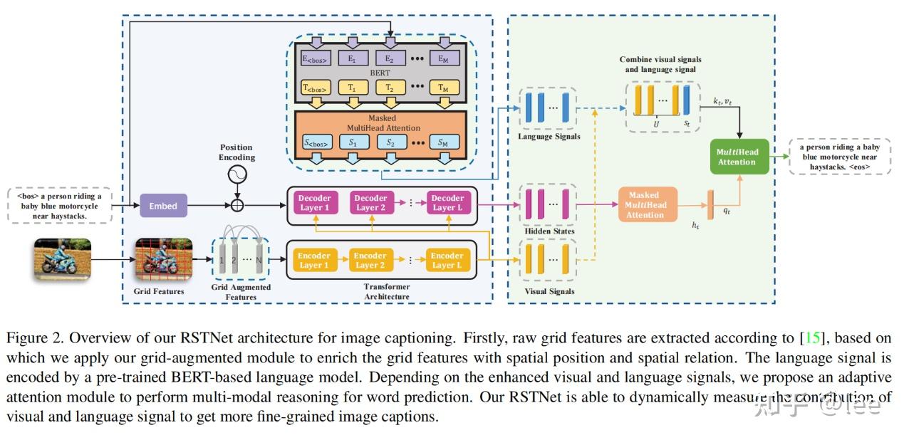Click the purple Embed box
point(162,206)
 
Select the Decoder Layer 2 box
point(370,203)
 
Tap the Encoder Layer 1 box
point(314,261)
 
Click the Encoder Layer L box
point(447,261)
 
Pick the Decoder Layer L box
point(447,203)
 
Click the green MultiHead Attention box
point(740,157)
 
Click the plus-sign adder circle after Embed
point(237,206)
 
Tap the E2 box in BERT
point(388,58)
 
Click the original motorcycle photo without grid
point(63,260)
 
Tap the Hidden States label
point(549,231)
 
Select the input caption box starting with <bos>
point(61,206)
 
